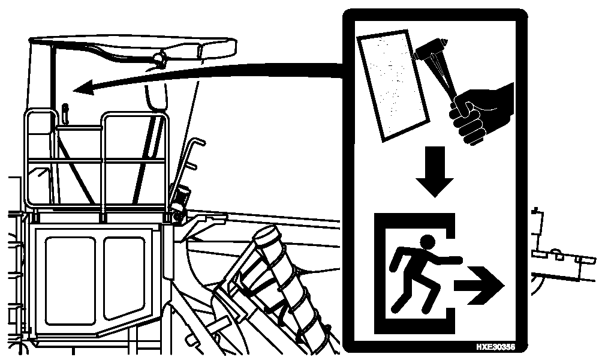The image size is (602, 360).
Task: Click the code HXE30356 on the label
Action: [496, 347]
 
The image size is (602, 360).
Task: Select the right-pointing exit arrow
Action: [480, 286]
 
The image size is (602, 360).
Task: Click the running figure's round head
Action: [428, 242]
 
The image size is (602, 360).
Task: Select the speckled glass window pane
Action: [393, 86]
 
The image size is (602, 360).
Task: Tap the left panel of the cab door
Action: [70, 280]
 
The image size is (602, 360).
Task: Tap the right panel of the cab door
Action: [124, 277]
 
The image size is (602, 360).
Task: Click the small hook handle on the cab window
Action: [65, 114]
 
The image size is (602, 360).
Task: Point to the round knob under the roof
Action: [158, 58]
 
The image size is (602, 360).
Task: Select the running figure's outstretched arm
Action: [447, 259]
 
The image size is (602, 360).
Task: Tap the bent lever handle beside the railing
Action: [189, 161]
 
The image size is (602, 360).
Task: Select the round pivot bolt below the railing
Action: [177, 217]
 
